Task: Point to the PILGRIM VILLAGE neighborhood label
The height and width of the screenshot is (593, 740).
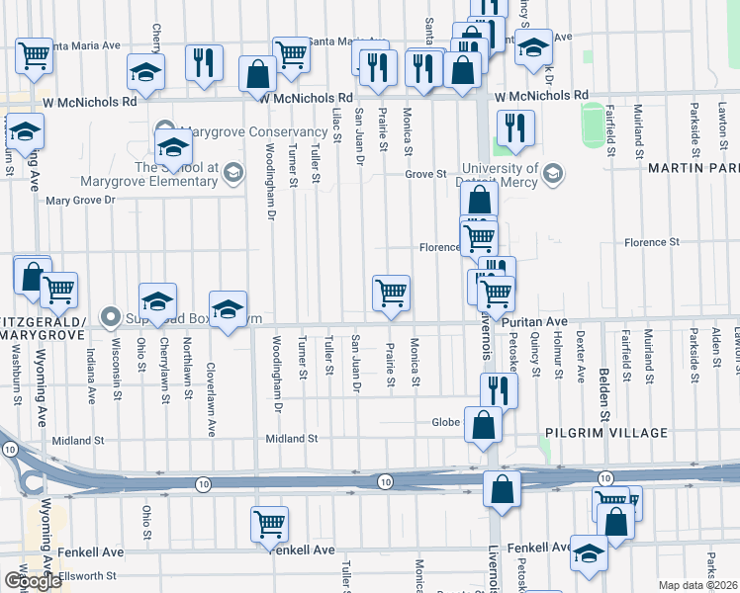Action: pos(604,433)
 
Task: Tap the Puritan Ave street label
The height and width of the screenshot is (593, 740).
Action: pos(533,322)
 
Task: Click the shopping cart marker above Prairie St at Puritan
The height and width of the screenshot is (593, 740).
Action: pos(391,294)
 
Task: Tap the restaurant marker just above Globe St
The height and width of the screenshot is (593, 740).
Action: pos(499,390)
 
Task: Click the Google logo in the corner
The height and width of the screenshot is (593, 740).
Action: pos(33,581)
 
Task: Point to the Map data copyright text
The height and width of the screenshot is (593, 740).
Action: pos(697,585)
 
